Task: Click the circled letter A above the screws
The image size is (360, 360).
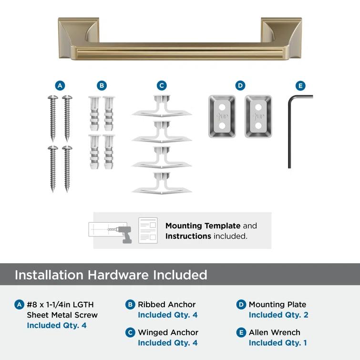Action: (60, 86)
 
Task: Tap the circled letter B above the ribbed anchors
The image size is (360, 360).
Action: (102, 86)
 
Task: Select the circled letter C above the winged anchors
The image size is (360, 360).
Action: (162, 86)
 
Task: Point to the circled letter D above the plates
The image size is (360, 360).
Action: (240, 86)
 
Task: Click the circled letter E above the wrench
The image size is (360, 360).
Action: (300, 86)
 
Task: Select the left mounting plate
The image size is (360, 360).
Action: (222, 116)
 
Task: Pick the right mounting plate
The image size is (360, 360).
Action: (258, 116)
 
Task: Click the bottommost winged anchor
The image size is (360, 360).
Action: (162, 184)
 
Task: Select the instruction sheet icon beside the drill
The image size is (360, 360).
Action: (148, 230)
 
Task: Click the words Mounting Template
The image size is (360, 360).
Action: (203, 226)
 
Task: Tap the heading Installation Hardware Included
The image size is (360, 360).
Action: (111, 275)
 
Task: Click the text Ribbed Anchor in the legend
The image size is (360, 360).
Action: (167, 304)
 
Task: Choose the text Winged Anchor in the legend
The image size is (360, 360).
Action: (168, 332)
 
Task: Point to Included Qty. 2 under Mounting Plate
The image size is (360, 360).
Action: (278, 315)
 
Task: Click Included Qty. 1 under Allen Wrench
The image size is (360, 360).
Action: (278, 343)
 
